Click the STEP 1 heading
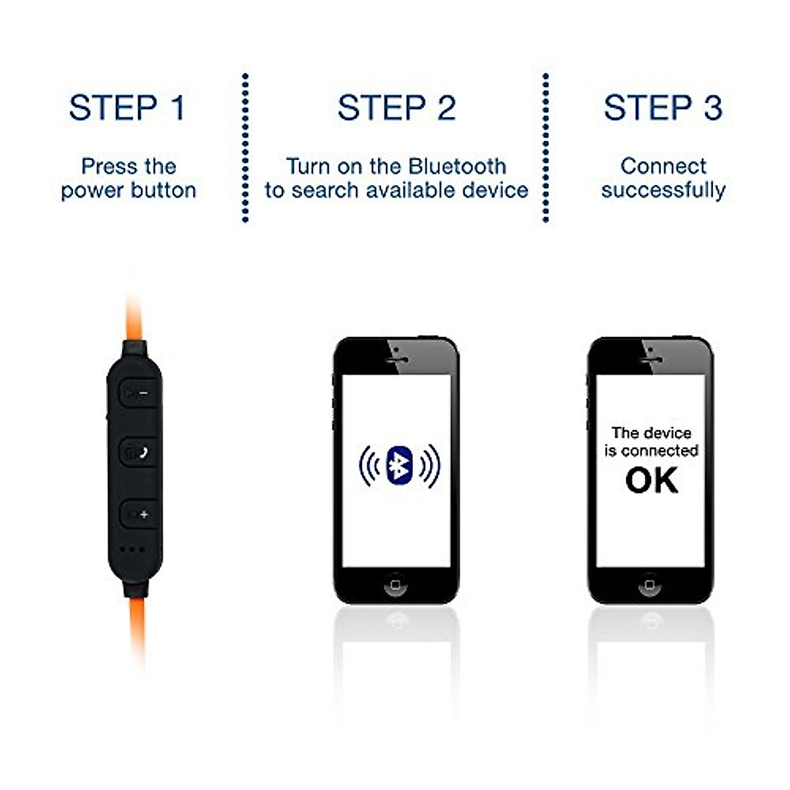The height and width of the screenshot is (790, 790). [127, 108]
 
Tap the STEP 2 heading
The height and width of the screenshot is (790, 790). [396, 108]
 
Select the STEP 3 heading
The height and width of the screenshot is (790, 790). [663, 108]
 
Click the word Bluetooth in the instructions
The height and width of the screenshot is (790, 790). [457, 166]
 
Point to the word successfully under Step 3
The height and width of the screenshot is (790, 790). [663, 190]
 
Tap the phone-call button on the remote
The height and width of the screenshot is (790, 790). [140, 452]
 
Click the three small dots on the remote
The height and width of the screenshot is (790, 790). [132, 550]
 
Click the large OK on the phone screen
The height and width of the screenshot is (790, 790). [651, 481]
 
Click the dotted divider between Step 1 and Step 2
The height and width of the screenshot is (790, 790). [245, 148]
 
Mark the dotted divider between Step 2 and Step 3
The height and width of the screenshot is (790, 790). [545, 148]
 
